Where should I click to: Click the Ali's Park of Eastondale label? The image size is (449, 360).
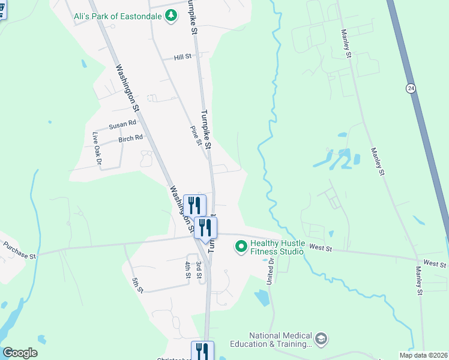[x=118, y=16]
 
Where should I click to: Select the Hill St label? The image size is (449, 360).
[x=182, y=57]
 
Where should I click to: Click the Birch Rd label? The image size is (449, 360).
[x=130, y=138]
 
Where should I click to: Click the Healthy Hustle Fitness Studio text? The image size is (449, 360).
[x=277, y=248]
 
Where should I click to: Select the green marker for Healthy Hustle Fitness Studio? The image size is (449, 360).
[x=241, y=247]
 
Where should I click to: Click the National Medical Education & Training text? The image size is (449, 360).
[x=281, y=340]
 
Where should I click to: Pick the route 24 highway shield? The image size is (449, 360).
[x=410, y=88]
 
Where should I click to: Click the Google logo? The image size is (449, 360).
[x=20, y=353]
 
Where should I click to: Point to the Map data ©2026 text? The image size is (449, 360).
[x=424, y=355]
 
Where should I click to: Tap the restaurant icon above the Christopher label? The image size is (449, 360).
[x=202, y=351]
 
